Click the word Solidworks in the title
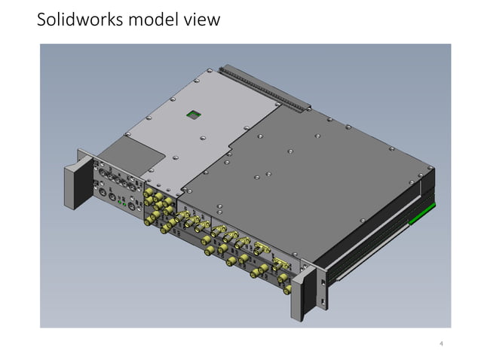tap(81, 20)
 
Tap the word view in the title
tap(202, 20)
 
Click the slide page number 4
tap(441, 344)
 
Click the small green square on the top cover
tap(193, 114)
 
